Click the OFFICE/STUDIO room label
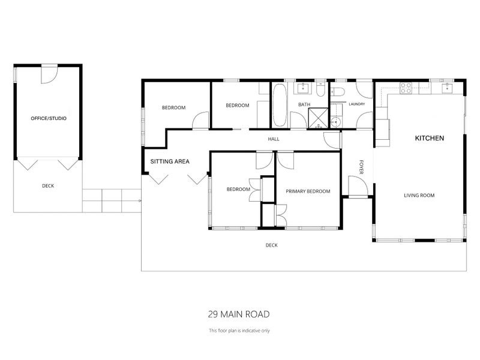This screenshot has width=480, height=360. tap(49, 119)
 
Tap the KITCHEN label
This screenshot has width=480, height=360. tap(430, 139)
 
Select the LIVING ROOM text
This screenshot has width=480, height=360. tap(419, 195)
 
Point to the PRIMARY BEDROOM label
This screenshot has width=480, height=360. tap(308, 191)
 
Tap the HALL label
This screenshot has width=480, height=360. tap(274, 139)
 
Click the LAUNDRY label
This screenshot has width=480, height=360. tap(356, 104)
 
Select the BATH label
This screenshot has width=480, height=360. tap(305, 105)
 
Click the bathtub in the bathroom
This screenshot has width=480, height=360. tap(280, 106)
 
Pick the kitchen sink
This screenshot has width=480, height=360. tap(446, 89)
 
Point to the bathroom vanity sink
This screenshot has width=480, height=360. tap(304, 89)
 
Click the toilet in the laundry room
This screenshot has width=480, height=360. tap(337, 92)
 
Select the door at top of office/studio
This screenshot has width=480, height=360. tap(49, 74)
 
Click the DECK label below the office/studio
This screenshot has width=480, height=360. tap(48, 186)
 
